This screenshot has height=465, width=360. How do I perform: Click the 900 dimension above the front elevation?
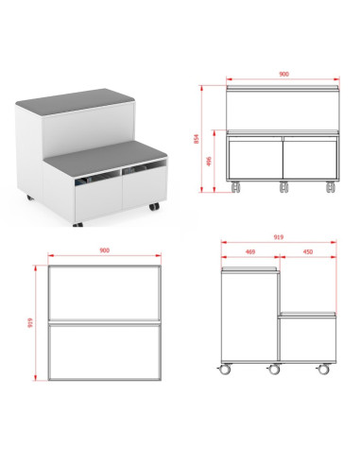tap(283, 72)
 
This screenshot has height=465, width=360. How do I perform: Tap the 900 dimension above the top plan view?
tap(104, 250)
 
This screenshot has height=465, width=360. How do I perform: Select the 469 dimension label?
tap(249, 252)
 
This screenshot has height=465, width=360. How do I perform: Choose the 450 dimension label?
tap(307, 252)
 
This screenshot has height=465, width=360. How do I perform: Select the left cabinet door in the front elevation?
tap(256, 156)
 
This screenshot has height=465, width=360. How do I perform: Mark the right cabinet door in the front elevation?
tap(311, 156)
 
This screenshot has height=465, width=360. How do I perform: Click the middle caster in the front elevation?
tap(284, 185)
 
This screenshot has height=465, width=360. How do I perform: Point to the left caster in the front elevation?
tap(238, 185)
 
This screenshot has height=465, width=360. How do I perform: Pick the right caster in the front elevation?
tap(330, 185)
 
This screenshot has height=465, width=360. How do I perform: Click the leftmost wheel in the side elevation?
tap(226, 368)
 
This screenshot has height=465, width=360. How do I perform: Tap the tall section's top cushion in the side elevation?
tap(249, 269)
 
